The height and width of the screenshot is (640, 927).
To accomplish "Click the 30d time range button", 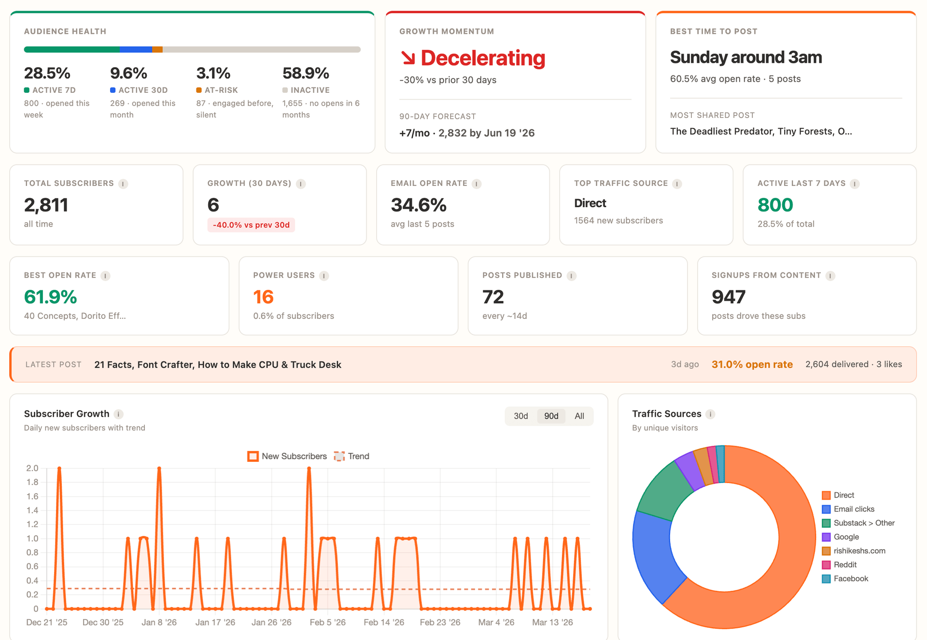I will click(x=520, y=416).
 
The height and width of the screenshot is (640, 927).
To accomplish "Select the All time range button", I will click(x=579, y=416).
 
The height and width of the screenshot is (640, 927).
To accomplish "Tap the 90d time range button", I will click(x=551, y=416).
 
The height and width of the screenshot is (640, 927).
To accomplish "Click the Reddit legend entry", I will click(x=844, y=565).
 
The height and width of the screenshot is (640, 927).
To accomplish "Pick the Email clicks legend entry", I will click(x=854, y=509).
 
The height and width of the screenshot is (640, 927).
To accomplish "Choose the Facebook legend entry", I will click(x=850, y=579).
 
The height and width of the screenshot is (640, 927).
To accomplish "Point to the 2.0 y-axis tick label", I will click(x=32, y=468).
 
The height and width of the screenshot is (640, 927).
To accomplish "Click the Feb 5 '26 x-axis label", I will click(x=327, y=622).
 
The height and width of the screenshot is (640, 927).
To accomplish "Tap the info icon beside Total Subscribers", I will click(x=123, y=184).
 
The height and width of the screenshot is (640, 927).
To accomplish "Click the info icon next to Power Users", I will click(x=324, y=275).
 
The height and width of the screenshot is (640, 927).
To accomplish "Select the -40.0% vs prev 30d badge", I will click(x=251, y=225).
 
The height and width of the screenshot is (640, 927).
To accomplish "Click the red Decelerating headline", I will click(x=482, y=58).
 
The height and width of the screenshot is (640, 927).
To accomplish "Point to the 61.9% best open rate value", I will click(x=51, y=297).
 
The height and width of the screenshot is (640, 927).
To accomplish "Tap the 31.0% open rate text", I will click(x=752, y=365).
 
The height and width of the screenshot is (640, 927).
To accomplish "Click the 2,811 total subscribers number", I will click(x=46, y=205).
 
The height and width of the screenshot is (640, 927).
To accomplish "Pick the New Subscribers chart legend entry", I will click(x=287, y=456).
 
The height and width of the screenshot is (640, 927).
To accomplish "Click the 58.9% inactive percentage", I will click(x=306, y=73).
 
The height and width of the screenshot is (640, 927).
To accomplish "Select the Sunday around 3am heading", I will click(x=746, y=57).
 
